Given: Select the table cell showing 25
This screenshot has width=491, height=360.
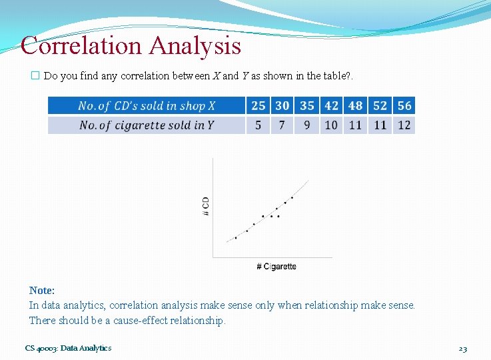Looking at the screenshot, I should click(x=258, y=105).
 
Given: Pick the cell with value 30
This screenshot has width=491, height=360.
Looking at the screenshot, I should click(x=282, y=105).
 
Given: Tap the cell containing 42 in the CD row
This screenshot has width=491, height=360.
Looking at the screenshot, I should click(x=331, y=105).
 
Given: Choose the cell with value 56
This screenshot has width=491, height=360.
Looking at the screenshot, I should click(x=404, y=105).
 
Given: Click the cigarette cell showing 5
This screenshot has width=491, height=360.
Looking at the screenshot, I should click(x=258, y=125).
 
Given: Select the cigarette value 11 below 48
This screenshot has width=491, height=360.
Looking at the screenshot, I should click(x=356, y=125).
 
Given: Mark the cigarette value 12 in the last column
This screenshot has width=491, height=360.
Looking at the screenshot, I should click(x=404, y=125).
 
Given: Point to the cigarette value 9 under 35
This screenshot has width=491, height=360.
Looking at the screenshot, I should click(x=307, y=125).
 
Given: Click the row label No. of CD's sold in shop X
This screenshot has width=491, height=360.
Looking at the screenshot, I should click(x=147, y=105).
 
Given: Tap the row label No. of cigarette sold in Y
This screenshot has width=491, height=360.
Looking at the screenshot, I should click(x=147, y=125).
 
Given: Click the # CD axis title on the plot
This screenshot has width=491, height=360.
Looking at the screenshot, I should click(x=205, y=205).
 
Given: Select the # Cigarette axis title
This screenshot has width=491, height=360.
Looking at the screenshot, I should click(x=276, y=267).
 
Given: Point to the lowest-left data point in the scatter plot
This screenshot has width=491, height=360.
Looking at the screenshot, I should click(x=236, y=237).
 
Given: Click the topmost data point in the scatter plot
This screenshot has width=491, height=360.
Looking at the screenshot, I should click(x=292, y=197).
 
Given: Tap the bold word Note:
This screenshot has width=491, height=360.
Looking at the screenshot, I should click(x=42, y=290).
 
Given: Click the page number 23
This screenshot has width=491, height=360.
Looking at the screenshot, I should click(x=463, y=348).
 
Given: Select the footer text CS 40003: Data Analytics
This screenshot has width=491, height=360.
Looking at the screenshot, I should click(x=69, y=348).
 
